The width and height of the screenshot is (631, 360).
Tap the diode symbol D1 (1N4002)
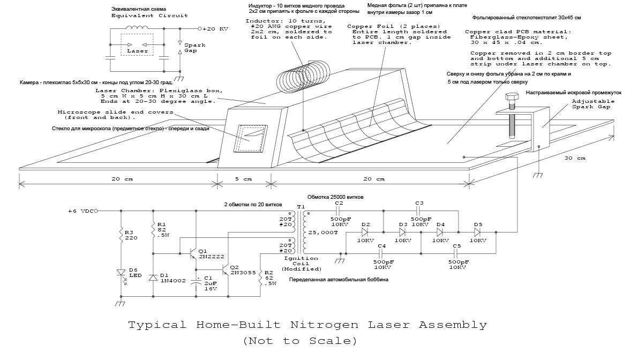(154, 277)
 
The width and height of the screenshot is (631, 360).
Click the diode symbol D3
(403, 232)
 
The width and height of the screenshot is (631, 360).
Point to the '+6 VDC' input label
(80, 211)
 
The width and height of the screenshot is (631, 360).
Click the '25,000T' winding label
(321, 232)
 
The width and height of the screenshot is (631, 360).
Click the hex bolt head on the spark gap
(509, 97)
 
